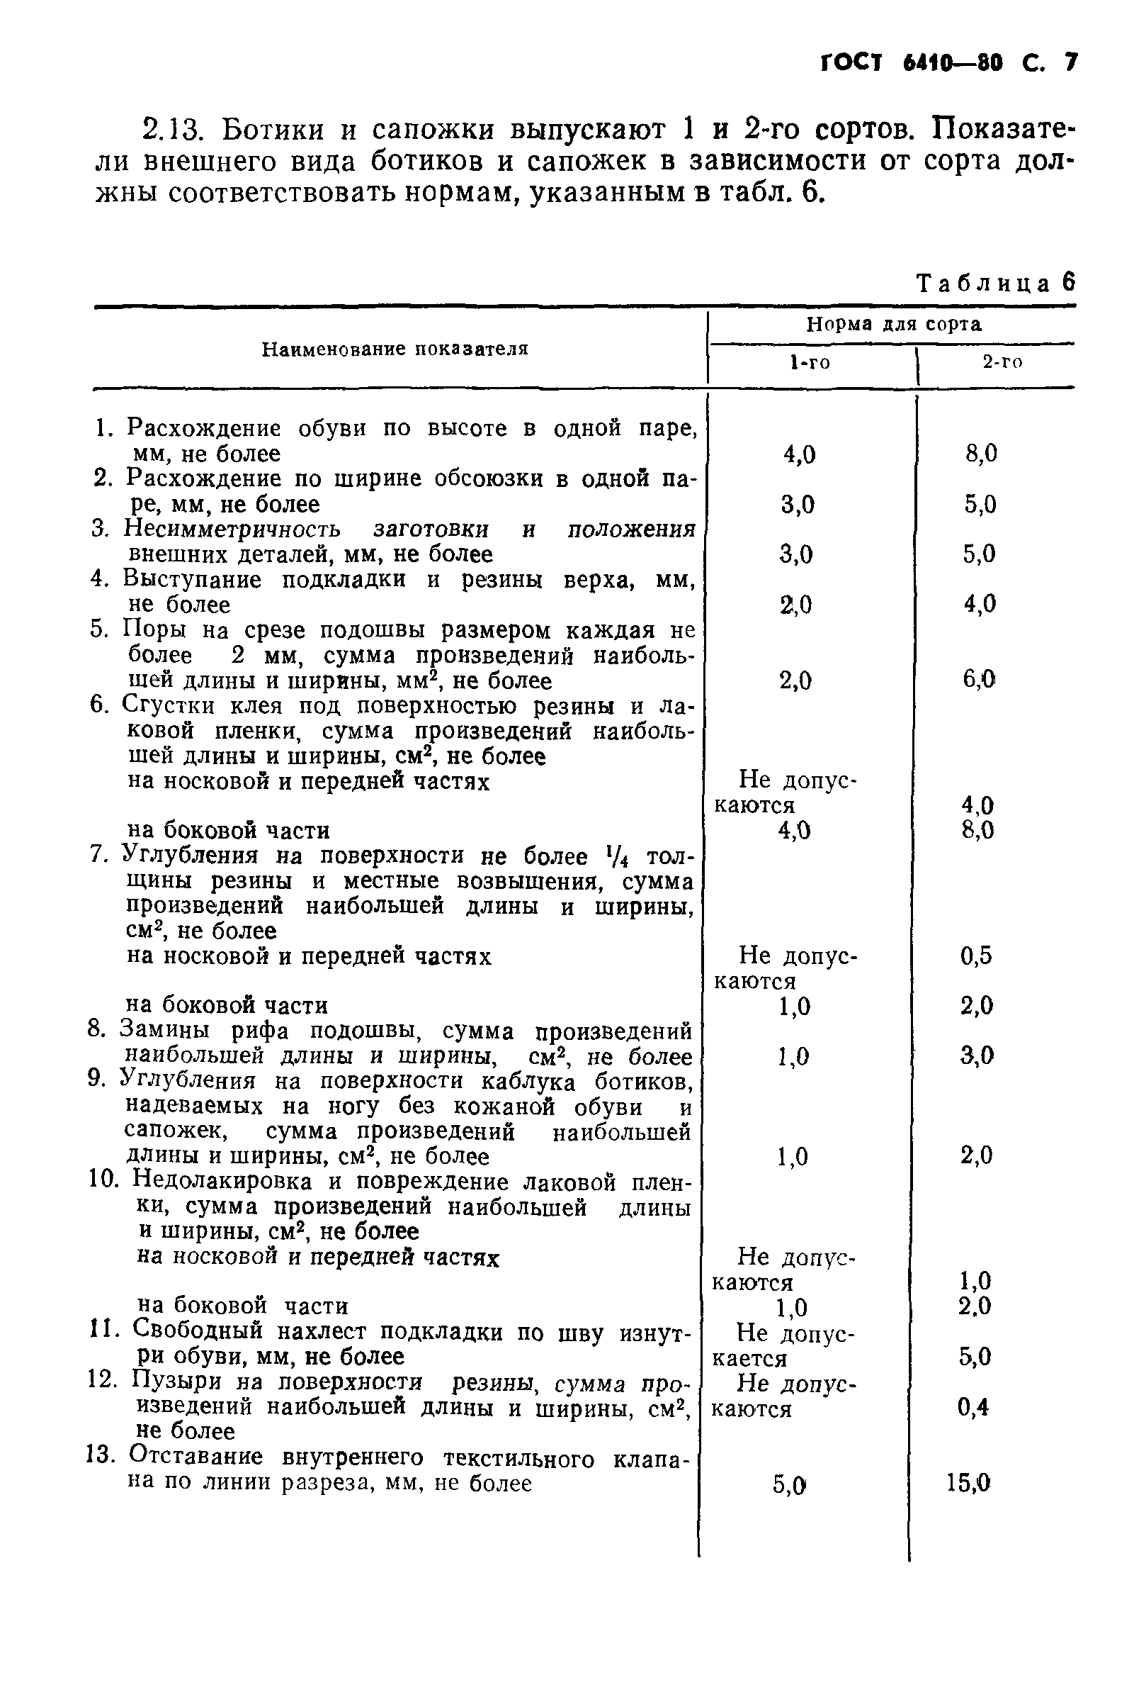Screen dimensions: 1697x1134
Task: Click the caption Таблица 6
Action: [x=995, y=283]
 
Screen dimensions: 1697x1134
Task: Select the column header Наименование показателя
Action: [x=395, y=349]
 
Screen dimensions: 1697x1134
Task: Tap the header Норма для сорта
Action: [x=894, y=324]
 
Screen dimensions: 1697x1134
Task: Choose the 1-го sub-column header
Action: [x=810, y=363]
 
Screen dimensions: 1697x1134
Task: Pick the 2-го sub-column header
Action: [x=1002, y=363]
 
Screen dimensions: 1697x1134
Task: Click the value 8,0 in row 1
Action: [x=981, y=454]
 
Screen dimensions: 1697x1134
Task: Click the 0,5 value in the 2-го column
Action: [x=975, y=957]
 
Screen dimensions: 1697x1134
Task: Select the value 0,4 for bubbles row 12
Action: [x=973, y=1407]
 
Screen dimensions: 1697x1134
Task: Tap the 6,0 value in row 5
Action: [x=979, y=680]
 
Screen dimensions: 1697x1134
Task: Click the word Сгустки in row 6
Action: [x=169, y=705]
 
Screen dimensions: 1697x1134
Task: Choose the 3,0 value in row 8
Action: [x=977, y=1057]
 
